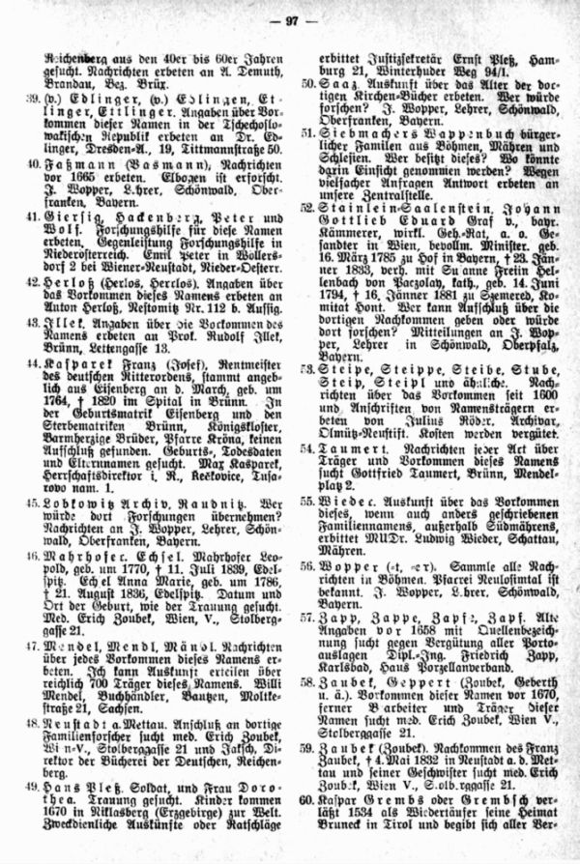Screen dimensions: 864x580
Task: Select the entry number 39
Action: [x=34, y=101]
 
